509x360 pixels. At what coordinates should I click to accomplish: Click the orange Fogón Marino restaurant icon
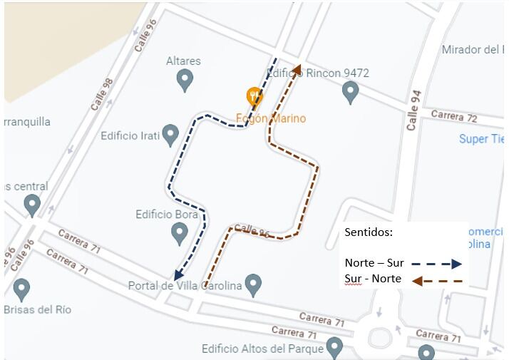[254, 95]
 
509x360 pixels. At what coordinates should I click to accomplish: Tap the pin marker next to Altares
[185, 80]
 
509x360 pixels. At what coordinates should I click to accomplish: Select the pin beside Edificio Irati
[170, 135]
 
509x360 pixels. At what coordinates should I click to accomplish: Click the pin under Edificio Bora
[180, 232]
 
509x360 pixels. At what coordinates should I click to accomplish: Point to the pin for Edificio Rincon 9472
[349, 91]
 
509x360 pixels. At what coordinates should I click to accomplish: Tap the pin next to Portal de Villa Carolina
[252, 285]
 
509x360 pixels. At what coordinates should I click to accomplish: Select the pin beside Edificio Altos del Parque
[334, 348]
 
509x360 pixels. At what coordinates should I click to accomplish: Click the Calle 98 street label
[102, 94]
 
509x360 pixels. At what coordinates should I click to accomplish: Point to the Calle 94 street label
[413, 110]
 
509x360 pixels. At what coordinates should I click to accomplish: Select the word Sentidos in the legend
[368, 232]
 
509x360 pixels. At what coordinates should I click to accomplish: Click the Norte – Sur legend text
[374, 262]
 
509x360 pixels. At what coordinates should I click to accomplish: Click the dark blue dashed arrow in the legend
[436, 263]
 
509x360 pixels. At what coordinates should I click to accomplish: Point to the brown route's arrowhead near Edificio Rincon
[297, 69]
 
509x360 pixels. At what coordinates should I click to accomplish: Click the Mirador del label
[473, 49]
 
